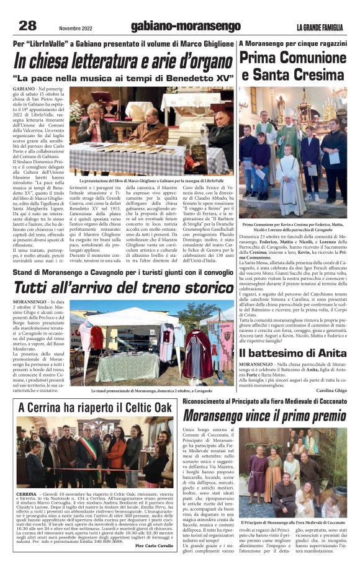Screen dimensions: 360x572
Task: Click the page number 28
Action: point(28,25)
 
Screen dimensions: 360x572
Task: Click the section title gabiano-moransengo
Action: point(186,27)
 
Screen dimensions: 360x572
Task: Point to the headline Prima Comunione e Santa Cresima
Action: point(293,67)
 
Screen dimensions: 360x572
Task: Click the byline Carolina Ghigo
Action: point(331,391)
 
